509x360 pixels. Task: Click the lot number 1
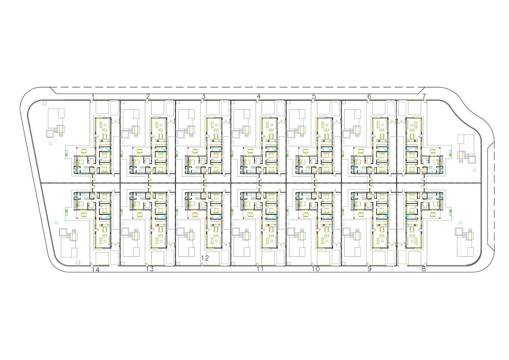click(x=93, y=97)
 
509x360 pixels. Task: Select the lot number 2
click(x=148, y=97)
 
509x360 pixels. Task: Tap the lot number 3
click(x=203, y=97)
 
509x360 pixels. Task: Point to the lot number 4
click(x=259, y=97)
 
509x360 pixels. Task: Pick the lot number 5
click(x=314, y=97)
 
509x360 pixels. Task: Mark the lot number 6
click(x=369, y=97)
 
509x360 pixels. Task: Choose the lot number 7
click(x=424, y=97)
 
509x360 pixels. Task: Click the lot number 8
click(x=423, y=269)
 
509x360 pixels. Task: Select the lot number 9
click(x=369, y=269)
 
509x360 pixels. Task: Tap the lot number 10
click(x=316, y=269)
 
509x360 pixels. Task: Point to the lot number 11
click(x=260, y=269)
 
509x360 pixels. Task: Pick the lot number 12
click(x=205, y=258)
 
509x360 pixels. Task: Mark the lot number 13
click(x=150, y=269)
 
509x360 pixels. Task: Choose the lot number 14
click(x=96, y=270)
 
